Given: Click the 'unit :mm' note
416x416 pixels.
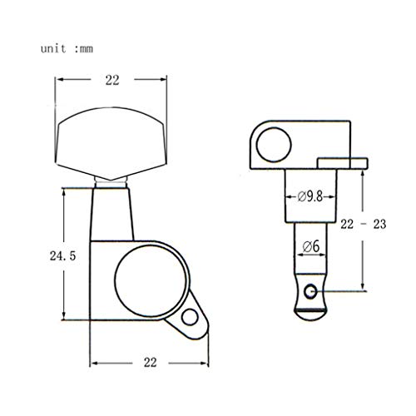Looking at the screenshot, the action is point(67,49).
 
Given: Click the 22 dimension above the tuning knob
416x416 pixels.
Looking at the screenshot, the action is point(112,81).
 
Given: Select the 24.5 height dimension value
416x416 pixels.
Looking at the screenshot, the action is point(62,255).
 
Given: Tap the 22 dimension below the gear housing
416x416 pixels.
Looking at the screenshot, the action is point(150,362).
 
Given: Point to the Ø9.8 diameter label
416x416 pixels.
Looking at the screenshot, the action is point(310,196).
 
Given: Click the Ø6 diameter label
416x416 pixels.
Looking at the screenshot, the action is point(311,246).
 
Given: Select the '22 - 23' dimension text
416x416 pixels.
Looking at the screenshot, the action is point(364,224).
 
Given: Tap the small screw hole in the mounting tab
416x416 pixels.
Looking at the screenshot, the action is point(190,317).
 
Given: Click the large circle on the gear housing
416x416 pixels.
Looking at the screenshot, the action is point(151,281).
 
